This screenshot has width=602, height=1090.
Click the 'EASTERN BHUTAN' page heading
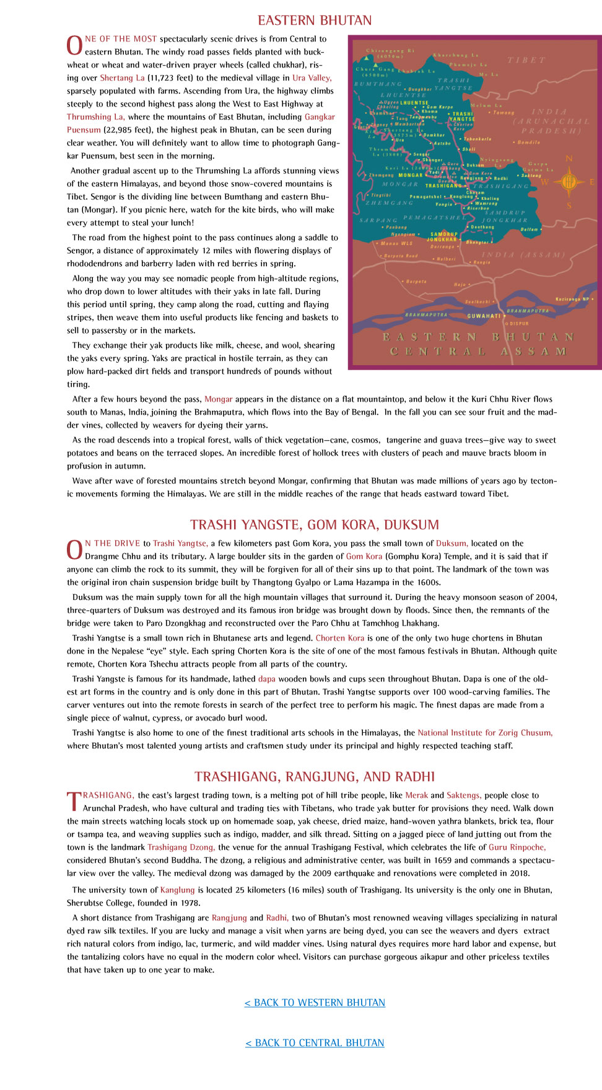pos(315,20)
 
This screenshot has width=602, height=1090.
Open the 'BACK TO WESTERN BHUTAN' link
pos(315,1002)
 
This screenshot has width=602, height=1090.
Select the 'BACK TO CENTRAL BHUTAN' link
pos(315,1042)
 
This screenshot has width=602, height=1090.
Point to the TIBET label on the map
pos(526,60)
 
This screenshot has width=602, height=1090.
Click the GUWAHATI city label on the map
pos(484,316)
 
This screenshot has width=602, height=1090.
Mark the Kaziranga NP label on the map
pos(572,299)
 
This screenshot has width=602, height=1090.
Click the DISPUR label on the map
pos(519,323)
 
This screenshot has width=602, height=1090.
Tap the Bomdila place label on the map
pos(528,142)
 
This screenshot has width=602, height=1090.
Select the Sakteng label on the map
pos(531,176)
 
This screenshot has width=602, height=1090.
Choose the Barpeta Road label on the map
pos(401,256)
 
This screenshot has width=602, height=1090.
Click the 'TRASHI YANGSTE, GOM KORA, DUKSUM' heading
pos(315,524)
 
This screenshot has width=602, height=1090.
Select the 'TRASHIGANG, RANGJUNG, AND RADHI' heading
pos(315,776)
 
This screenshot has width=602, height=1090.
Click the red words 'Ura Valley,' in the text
pos(312,78)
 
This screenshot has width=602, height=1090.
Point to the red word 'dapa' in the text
pos(266,678)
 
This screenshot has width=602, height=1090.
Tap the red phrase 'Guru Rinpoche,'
pos(517,847)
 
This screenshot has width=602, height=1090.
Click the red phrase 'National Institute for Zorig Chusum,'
pos(485,732)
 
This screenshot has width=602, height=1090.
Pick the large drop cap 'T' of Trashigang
pos(73,800)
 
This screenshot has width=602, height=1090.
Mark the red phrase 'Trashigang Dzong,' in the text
pos(181,847)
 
